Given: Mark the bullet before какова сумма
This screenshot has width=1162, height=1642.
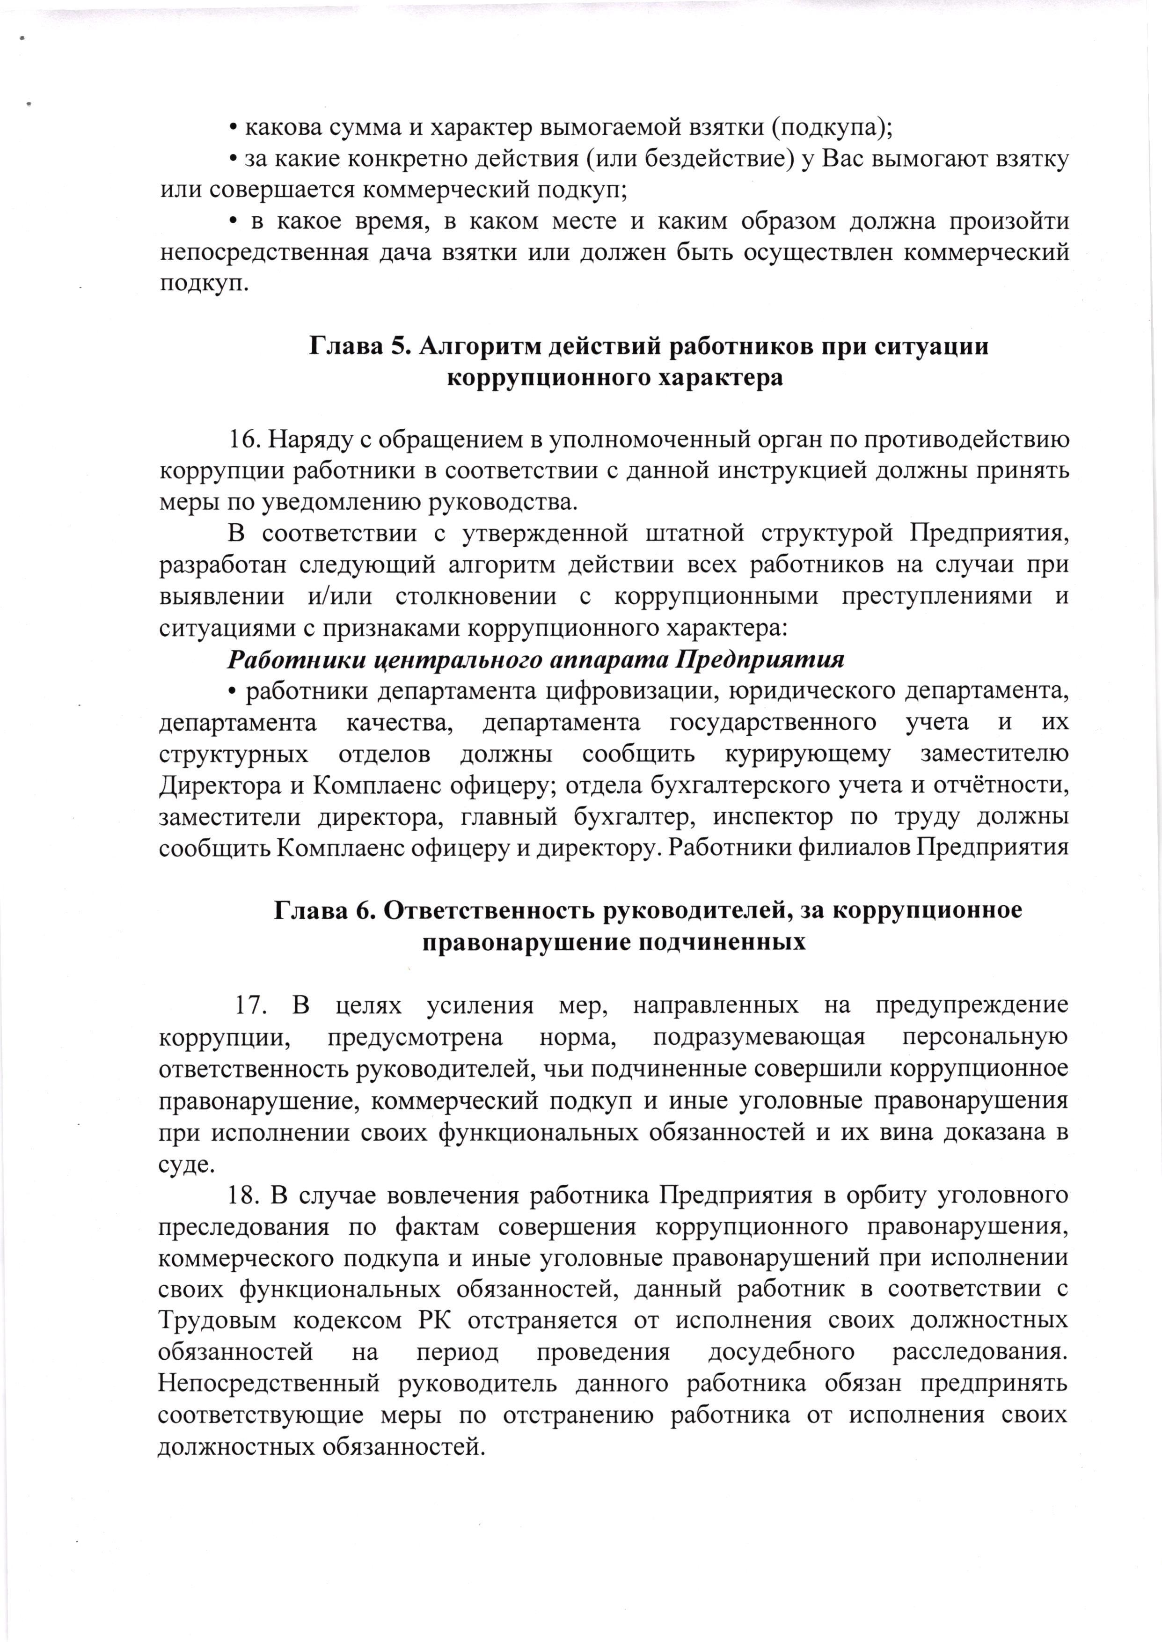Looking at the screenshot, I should coord(233,128).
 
